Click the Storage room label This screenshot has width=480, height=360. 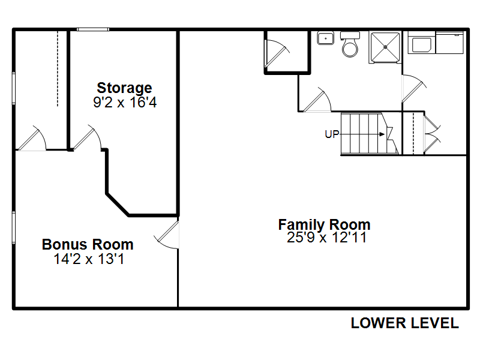click(x=124, y=88)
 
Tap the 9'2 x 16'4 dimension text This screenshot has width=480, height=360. click(x=125, y=102)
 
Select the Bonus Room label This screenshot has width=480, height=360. click(x=88, y=244)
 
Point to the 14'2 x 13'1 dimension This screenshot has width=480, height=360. click(x=89, y=259)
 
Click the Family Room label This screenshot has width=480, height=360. click(x=324, y=224)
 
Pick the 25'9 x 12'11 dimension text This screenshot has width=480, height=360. click(x=326, y=237)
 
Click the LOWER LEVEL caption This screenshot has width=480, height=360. click(x=404, y=323)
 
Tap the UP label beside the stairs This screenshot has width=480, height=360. click(x=332, y=134)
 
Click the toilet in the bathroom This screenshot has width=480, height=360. click(x=350, y=44)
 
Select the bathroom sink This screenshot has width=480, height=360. click(x=325, y=38)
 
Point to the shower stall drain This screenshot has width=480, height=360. click(x=385, y=47)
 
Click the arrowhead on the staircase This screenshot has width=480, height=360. click(x=382, y=134)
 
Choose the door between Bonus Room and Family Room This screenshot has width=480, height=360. click(x=167, y=235)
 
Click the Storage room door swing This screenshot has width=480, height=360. click(x=87, y=137)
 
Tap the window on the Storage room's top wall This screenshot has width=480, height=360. click(x=93, y=29)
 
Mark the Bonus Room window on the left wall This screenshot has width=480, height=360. click(x=14, y=227)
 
